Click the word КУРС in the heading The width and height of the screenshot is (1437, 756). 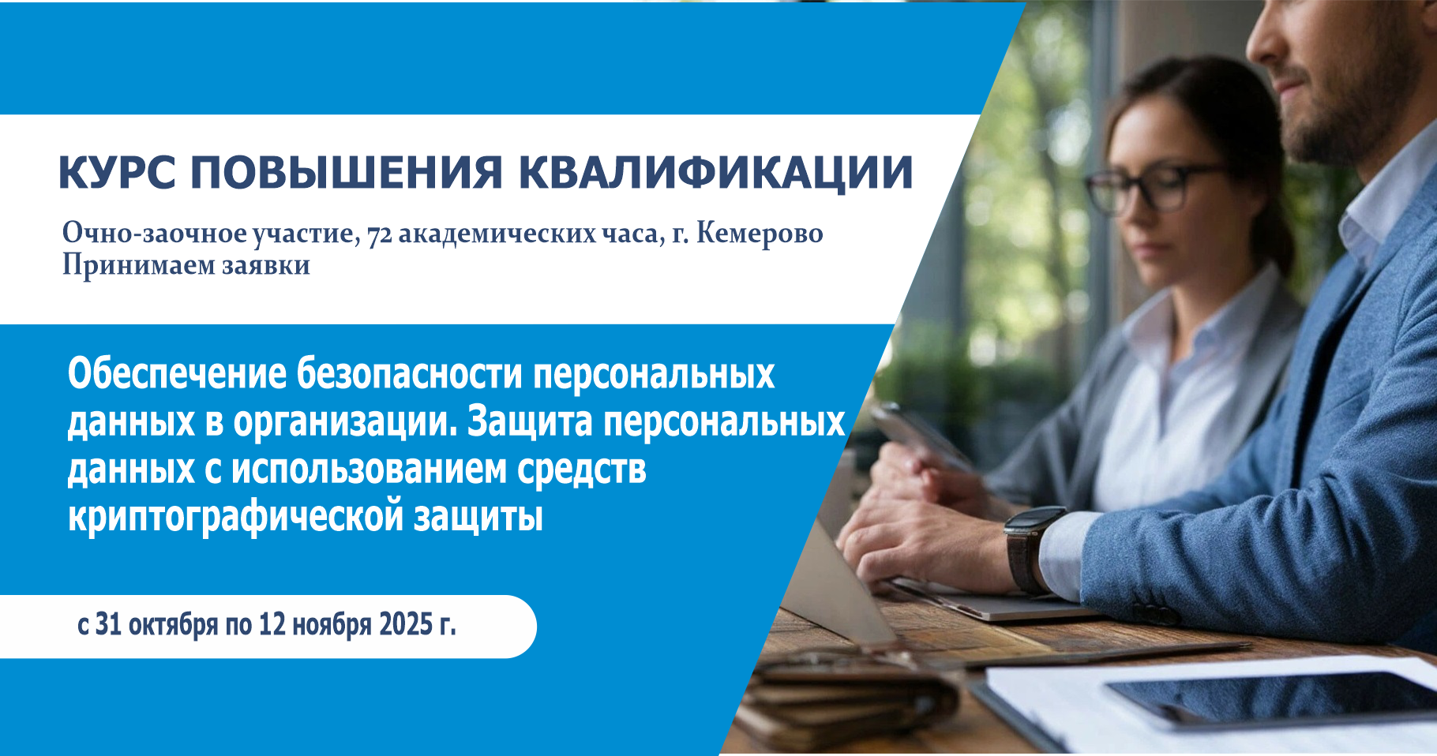pyautogui.click(x=117, y=172)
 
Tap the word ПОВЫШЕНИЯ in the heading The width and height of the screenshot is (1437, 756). pyautogui.click(x=347, y=172)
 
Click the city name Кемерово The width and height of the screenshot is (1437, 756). pyautogui.click(x=760, y=234)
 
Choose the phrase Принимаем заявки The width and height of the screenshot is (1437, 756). pyautogui.click(x=186, y=265)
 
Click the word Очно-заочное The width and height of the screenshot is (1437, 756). pyautogui.click(x=155, y=234)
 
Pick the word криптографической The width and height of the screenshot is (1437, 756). pyautogui.click(x=234, y=517)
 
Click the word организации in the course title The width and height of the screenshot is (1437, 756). pyautogui.click(x=345, y=423)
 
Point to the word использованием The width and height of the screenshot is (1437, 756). pyautogui.click(x=369, y=470)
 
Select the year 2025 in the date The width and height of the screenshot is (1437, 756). pyautogui.click(x=405, y=625)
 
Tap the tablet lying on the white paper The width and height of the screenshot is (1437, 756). pyautogui.click(x=1271, y=698)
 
